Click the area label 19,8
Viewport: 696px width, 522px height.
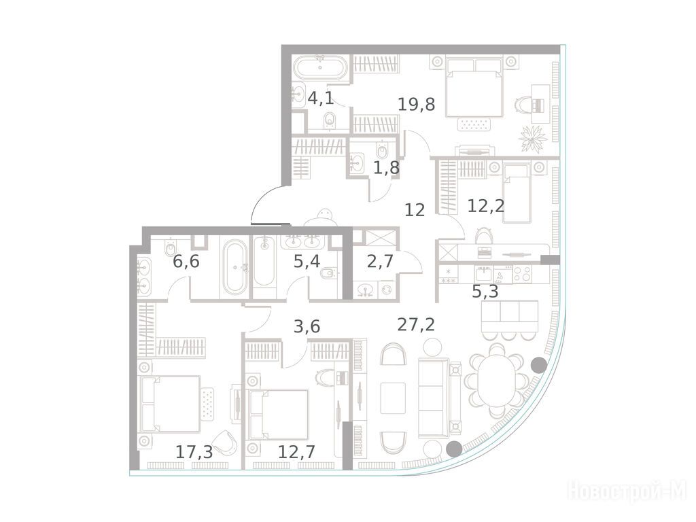(416, 105)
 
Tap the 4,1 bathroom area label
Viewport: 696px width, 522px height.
(321, 98)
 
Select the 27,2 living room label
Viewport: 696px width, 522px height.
(416, 324)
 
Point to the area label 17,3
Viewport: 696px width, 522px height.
(194, 452)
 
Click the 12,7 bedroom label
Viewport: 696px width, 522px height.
(296, 452)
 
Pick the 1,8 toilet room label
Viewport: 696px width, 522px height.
(386, 168)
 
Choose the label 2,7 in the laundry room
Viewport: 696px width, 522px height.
(381, 262)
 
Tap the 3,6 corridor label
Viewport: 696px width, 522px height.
(307, 327)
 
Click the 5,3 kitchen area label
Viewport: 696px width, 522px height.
(485, 292)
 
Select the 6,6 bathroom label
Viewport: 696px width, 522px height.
(186, 262)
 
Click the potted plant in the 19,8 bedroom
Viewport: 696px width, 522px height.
(531, 139)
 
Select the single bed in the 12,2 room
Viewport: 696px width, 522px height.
(516, 193)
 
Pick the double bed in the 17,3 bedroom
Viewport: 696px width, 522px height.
(169, 404)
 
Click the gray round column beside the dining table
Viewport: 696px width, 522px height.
(539, 365)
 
